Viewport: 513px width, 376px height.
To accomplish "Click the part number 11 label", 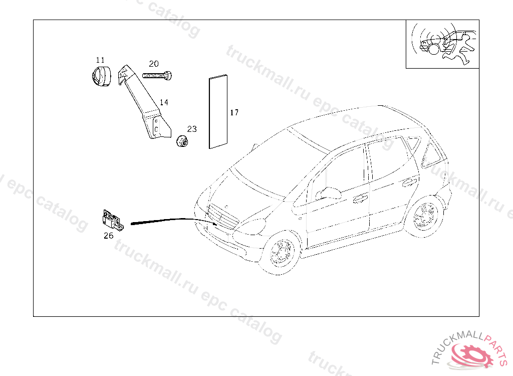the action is [x=100, y=60].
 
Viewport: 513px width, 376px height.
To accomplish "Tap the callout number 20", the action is [x=153, y=64].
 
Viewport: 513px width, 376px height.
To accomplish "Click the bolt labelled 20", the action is [x=157, y=76].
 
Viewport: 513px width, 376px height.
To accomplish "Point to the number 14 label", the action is [x=164, y=102].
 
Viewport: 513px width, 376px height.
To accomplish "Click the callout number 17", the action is [x=234, y=112].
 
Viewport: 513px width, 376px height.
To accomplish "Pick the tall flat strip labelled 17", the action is [x=217, y=112].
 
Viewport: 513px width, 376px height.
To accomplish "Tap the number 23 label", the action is [x=192, y=129].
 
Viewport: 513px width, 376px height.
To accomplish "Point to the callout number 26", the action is [x=108, y=235].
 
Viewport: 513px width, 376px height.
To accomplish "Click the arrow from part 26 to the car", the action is [x=170, y=220].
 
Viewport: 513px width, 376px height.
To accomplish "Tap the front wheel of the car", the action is [x=281, y=253].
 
